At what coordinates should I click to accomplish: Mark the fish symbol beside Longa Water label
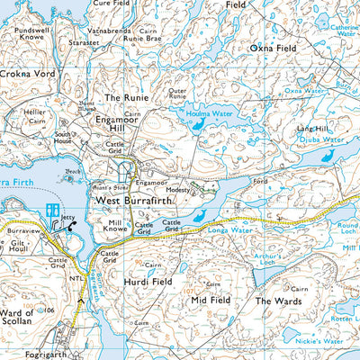click(199, 215)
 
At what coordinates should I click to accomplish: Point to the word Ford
click(261, 182)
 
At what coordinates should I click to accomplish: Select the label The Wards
click(275, 300)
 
